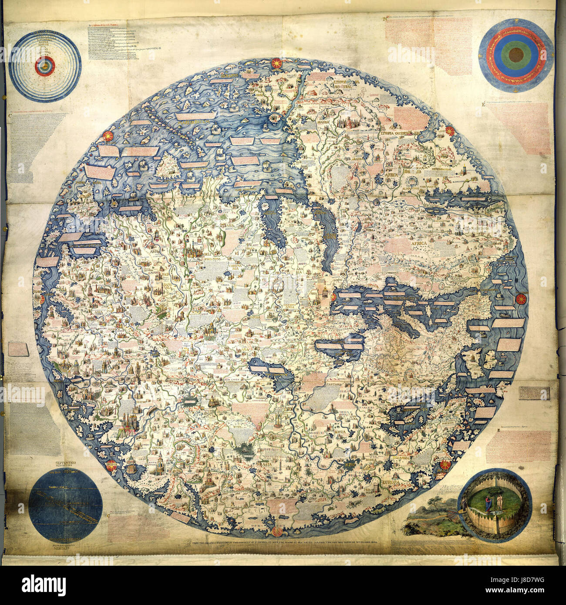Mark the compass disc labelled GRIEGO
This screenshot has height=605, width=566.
point(111,463)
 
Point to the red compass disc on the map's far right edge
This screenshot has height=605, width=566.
point(520,299)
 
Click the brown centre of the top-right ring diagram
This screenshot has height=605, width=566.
point(516,56)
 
